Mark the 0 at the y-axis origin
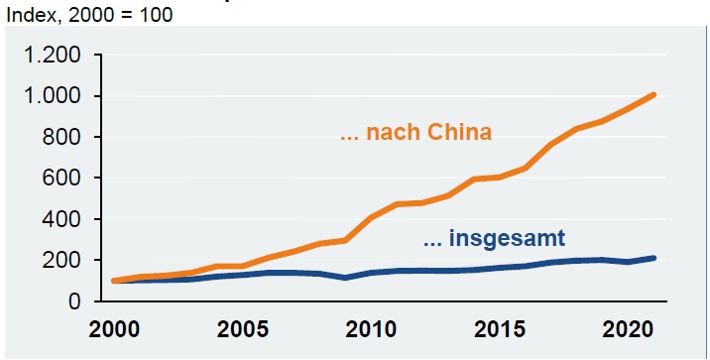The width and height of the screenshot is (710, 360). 76,301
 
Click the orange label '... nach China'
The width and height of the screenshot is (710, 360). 415,133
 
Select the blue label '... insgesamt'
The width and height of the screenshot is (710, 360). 495,238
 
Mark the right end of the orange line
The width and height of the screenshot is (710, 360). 653,95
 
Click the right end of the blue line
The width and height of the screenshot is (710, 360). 653,258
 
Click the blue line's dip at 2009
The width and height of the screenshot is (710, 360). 343,277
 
